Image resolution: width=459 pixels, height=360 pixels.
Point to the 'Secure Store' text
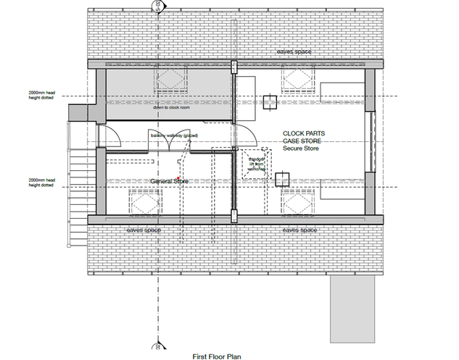[x=302, y=148]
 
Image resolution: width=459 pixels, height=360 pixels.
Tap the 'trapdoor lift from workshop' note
[x=257, y=164]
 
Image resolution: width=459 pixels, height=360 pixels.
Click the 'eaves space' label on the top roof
[x=294, y=53]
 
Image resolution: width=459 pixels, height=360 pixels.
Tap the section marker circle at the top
[x=157, y=6]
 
